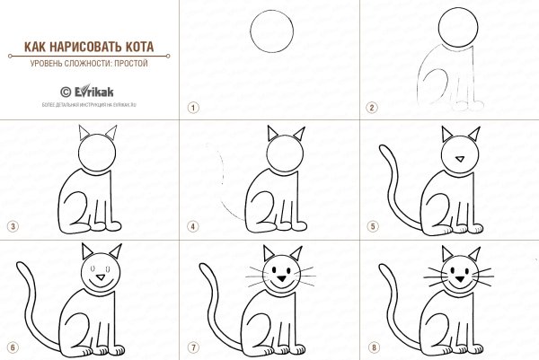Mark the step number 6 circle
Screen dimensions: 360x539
pos(12,346)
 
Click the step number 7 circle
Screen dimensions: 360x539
pos(191,346)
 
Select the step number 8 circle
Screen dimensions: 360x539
pos(371,346)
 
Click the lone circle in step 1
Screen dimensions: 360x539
pos(271,33)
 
